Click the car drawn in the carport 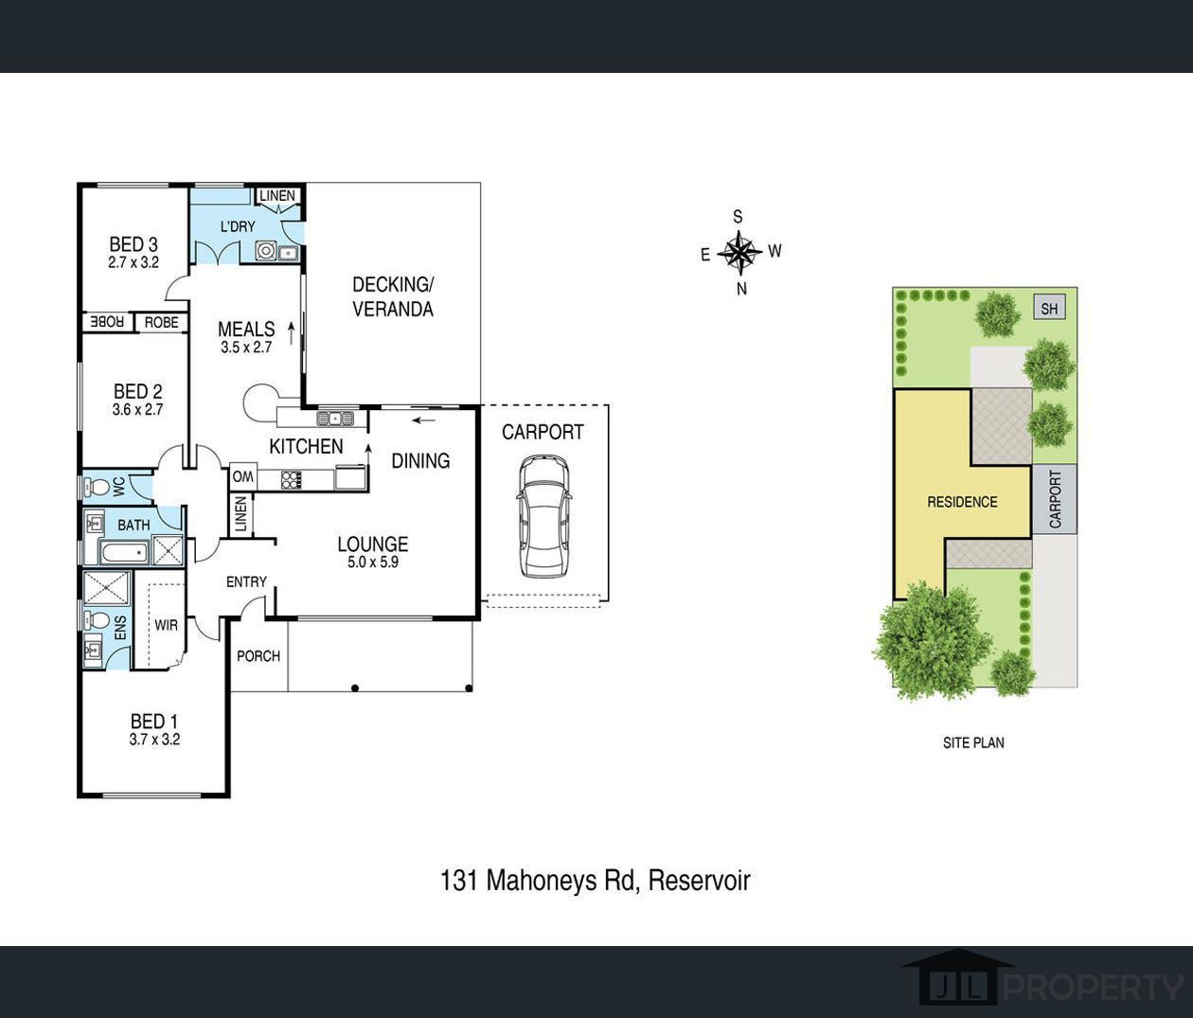coord(543,516)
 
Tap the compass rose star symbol coord(739,252)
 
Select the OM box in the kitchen coord(242,477)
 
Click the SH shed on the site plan coord(1049,309)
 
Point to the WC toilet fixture coord(97,488)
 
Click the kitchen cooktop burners coord(291,480)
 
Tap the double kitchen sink coord(335,418)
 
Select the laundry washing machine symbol coord(265,251)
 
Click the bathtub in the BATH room coord(125,551)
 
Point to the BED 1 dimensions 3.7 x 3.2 coord(154,739)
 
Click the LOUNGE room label coord(373,544)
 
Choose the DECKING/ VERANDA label coord(393,296)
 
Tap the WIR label coord(167,625)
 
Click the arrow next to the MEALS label coord(292,333)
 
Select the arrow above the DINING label coord(423,420)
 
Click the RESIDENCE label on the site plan coord(962,502)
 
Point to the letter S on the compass coord(738,217)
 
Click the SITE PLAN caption coord(973,742)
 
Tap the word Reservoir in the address coord(699,880)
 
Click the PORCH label coord(258,656)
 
